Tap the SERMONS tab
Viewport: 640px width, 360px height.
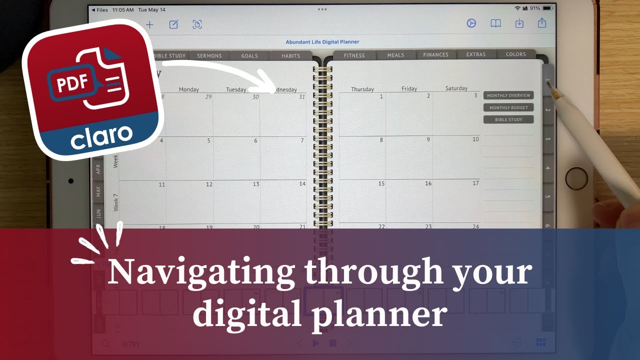[x=209, y=55]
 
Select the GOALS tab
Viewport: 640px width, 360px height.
[x=249, y=55]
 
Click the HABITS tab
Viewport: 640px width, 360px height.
[x=290, y=55]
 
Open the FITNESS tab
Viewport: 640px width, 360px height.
[x=354, y=55]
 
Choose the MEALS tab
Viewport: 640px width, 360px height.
[x=395, y=55]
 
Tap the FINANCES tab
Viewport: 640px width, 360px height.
[x=435, y=54]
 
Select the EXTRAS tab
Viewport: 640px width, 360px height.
[x=475, y=54]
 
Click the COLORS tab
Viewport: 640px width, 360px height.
[x=515, y=54]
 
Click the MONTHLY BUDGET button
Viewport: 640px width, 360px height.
[x=508, y=107]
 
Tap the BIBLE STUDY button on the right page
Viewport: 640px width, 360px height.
[x=508, y=119]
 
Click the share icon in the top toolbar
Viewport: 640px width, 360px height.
[x=542, y=23]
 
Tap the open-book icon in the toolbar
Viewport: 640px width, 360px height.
[x=495, y=23]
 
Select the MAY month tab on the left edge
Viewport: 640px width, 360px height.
[x=98, y=191]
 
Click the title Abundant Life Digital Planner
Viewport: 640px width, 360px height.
[x=322, y=42]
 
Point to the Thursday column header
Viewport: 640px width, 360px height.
[x=362, y=89]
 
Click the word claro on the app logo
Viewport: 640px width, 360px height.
[x=101, y=136]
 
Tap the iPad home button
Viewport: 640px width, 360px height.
[x=576, y=178]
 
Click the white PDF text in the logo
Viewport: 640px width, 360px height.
[x=69, y=83]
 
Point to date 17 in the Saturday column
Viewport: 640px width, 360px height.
[x=475, y=183]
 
